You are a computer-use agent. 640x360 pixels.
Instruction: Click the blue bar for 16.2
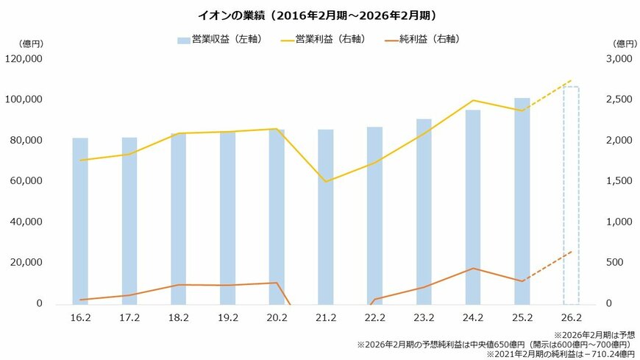coord(80,221)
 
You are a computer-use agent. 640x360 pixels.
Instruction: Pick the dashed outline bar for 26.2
coord(571,195)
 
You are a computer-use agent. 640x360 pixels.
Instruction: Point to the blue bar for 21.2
coord(325,216)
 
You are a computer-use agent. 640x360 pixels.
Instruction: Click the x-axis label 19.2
coord(227,318)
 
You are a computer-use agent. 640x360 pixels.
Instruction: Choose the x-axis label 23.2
coord(424,318)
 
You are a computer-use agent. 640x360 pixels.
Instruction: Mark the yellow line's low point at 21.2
coord(325,181)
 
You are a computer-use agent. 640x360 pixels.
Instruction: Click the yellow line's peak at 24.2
coord(473,100)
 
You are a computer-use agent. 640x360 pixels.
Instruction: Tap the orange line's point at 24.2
coord(473,269)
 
